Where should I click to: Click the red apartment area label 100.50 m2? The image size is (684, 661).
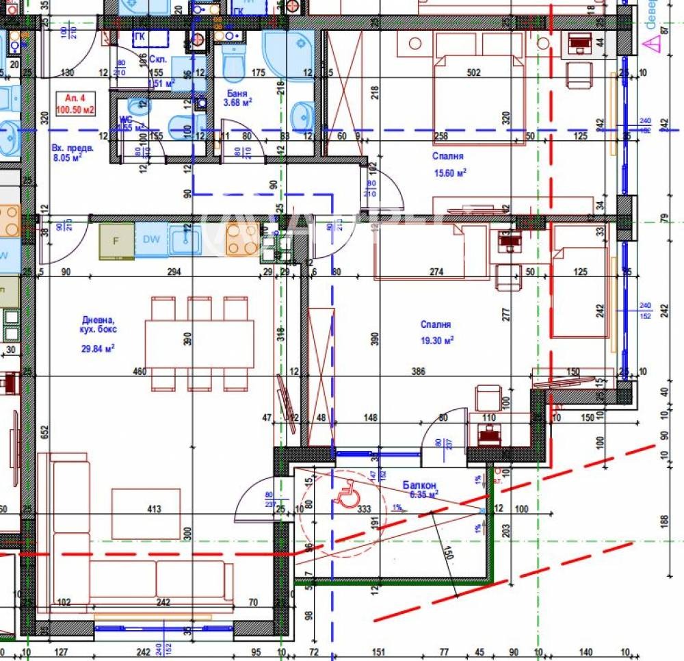76,109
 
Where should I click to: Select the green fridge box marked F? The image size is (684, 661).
116,240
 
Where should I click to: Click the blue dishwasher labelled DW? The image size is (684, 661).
151,239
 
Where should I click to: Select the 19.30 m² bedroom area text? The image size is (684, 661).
438,339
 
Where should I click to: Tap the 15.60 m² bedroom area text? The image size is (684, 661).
450,173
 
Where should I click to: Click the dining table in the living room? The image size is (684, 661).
198,344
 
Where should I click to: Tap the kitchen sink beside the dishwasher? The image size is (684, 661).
185,239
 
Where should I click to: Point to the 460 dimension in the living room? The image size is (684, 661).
140,372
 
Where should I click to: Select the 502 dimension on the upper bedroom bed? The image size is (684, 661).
473,73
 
